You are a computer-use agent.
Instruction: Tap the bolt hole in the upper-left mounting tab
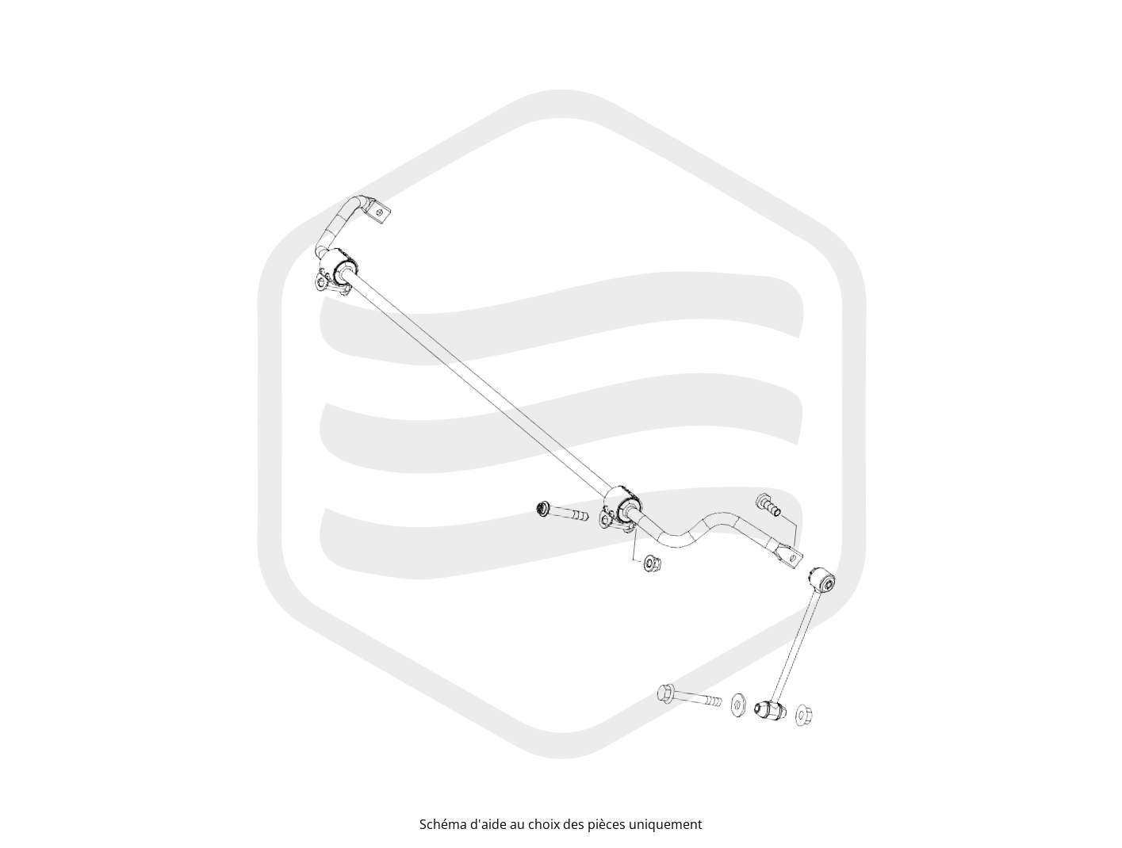pos(379,210)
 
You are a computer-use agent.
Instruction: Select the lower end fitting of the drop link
pos(770,710)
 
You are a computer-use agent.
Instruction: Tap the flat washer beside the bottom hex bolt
pos(737,705)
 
